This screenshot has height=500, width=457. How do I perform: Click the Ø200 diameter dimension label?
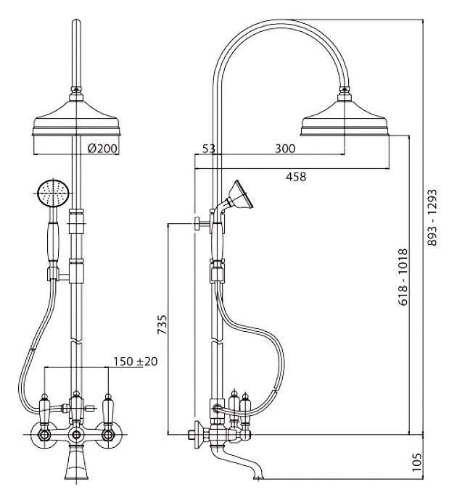tap(102, 148)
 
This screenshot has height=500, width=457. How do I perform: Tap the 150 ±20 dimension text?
tap(136, 362)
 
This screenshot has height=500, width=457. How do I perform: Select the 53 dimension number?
tap(209, 149)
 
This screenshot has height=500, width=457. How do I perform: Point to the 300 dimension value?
tap(285, 149)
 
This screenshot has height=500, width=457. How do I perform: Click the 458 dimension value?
tap(295, 176)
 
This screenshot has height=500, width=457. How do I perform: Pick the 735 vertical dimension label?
tap(162, 325)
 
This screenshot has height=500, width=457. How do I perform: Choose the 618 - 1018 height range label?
tap(403, 277)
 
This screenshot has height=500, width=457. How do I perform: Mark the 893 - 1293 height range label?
tap(432, 217)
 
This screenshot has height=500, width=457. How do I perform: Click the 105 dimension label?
tap(416, 462)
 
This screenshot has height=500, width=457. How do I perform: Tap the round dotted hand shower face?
tap(53, 193)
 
